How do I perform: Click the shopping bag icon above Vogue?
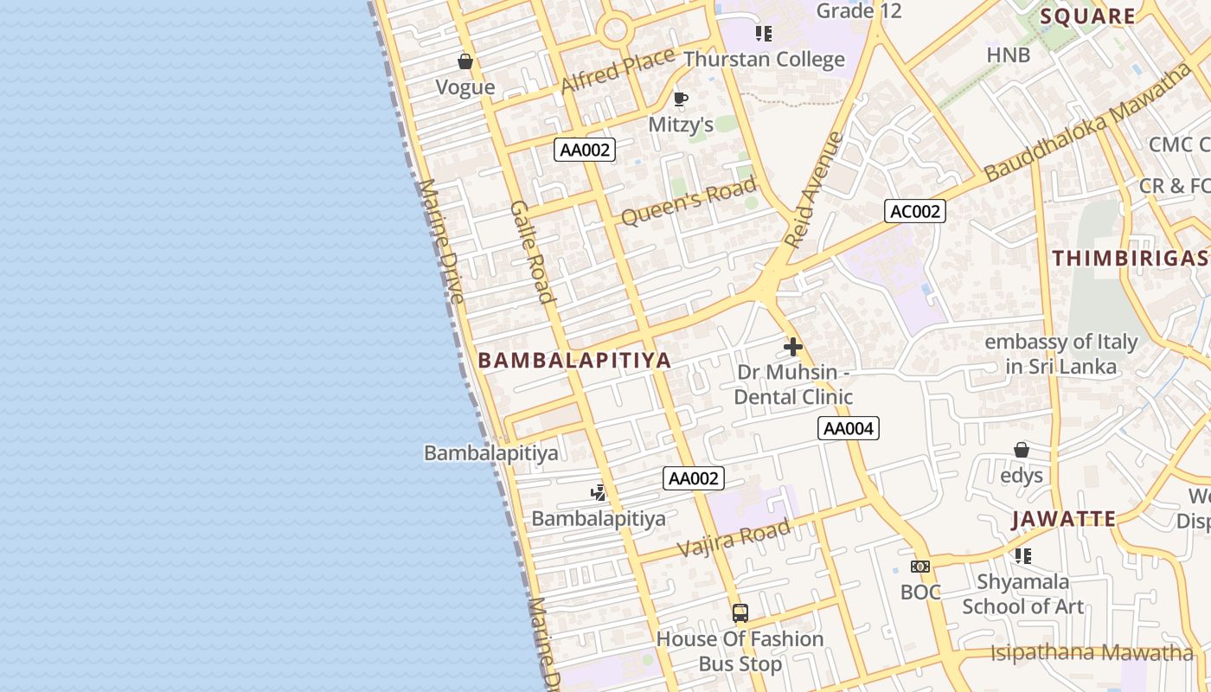[465, 61]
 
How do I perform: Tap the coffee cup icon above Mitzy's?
[681, 99]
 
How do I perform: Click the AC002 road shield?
[914, 211]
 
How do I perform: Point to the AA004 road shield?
[849, 428]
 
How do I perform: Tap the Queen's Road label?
[689, 201]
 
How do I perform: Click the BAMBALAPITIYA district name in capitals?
[574, 361]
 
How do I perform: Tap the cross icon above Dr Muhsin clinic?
[792, 347]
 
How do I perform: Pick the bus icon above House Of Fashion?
[740, 613]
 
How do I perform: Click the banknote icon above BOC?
[920, 567]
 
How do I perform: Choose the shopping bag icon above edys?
[1022, 451]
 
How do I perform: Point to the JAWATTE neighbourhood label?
[1064, 520]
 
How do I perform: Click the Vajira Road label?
[734, 539]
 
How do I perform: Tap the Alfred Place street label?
[618, 72]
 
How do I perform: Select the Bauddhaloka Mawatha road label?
[1087, 122]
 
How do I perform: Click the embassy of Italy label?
[1061, 354]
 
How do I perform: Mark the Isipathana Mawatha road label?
[1092, 653]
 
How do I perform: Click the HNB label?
[1009, 55]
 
